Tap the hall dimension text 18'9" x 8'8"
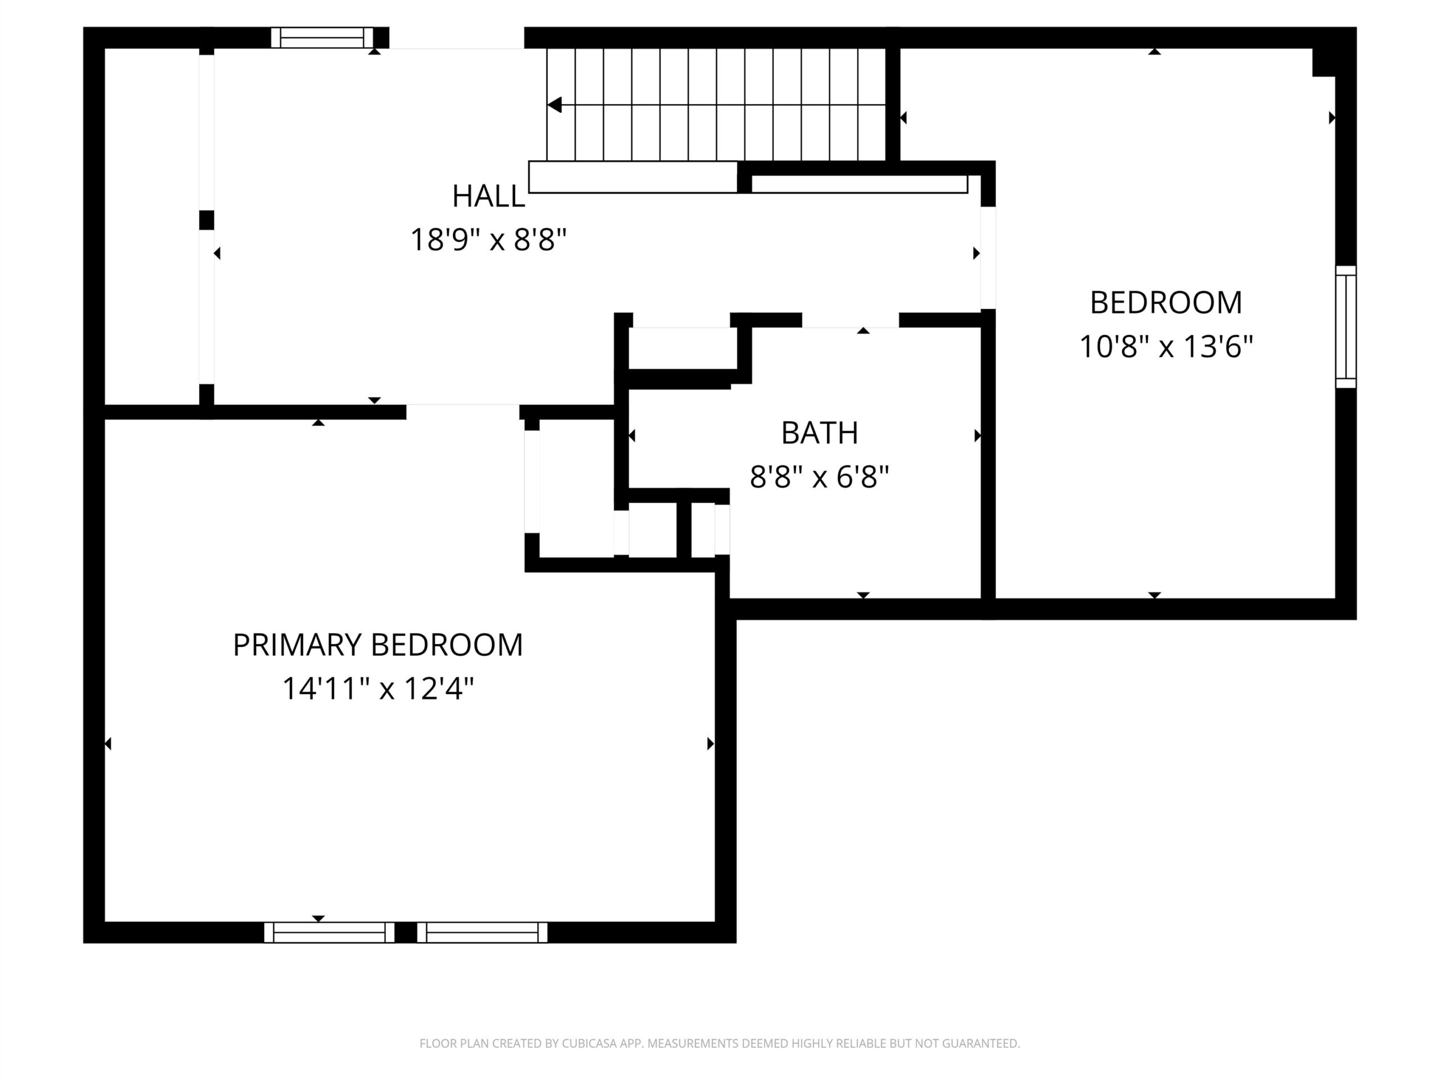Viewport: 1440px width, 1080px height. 488,240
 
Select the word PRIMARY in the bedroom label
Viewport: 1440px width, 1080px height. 298,645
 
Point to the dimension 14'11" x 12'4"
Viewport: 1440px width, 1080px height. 377,688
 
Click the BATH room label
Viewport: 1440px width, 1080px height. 820,433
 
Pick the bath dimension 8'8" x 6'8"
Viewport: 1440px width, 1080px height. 820,476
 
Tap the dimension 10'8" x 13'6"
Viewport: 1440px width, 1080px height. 1166,346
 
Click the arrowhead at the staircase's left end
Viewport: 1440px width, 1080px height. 555,104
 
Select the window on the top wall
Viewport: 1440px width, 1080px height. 322,38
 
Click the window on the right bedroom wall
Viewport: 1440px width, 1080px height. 1345,327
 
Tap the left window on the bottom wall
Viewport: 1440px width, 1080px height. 330,932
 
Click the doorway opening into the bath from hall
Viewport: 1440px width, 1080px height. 850,320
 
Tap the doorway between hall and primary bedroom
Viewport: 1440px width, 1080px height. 463,411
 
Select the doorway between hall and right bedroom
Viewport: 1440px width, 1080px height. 988,258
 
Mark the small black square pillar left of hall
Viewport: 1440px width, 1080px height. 206,220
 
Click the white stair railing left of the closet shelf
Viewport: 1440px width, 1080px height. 632,177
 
